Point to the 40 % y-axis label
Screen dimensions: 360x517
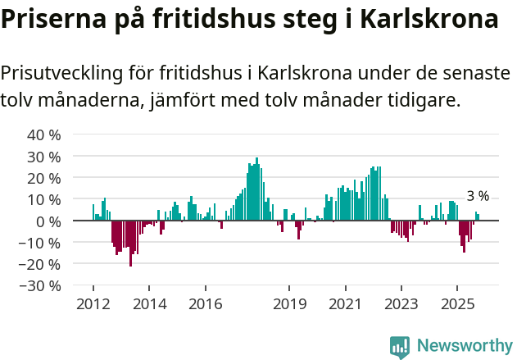coord(44,134)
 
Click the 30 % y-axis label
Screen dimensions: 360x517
coord(44,156)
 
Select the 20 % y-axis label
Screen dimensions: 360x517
coord(44,178)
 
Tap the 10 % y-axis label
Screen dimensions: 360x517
coord(44,199)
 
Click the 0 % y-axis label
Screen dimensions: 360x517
coord(48,221)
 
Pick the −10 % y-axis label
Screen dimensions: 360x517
coord(39,243)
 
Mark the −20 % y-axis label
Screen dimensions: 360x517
coord(39,264)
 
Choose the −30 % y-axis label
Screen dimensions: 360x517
coord(39,286)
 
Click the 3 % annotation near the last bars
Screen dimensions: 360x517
coord(478,196)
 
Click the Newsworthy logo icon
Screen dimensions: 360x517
coord(400,346)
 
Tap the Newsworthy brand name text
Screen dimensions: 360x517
coord(464,346)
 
